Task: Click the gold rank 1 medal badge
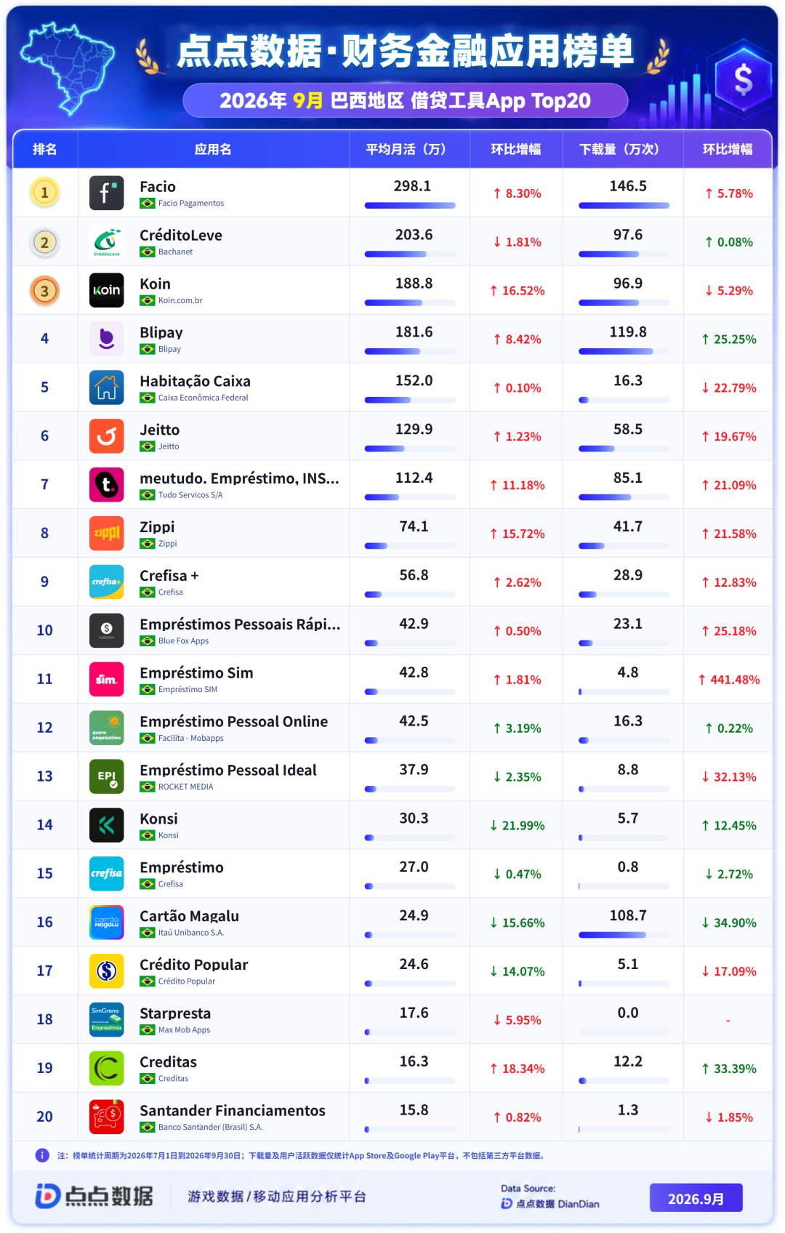tap(44, 192)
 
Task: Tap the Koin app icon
tap(106, 290)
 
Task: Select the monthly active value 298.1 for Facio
tap(412, 186)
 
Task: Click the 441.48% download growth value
tap(730, 679)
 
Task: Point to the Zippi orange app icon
tap(106, 534)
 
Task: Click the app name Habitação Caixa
tap(195, 381)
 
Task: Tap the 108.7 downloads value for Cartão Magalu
tap(627, 915)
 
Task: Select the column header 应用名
tap(213, 149)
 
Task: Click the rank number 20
tap(44, 1116)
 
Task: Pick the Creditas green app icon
tap(106, 1069)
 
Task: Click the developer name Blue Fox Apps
tap(183, 640)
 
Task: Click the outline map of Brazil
tap(67, 67)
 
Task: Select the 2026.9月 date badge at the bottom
tap(696, 1198)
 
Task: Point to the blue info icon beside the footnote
tap(42, 1155)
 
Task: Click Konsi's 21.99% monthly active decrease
tap(518, 825)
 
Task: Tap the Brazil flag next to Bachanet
tap(147, 252)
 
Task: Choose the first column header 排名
tap(44, 149)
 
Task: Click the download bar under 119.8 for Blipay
tap(624, 351)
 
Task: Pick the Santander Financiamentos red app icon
tap(106, 1117)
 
